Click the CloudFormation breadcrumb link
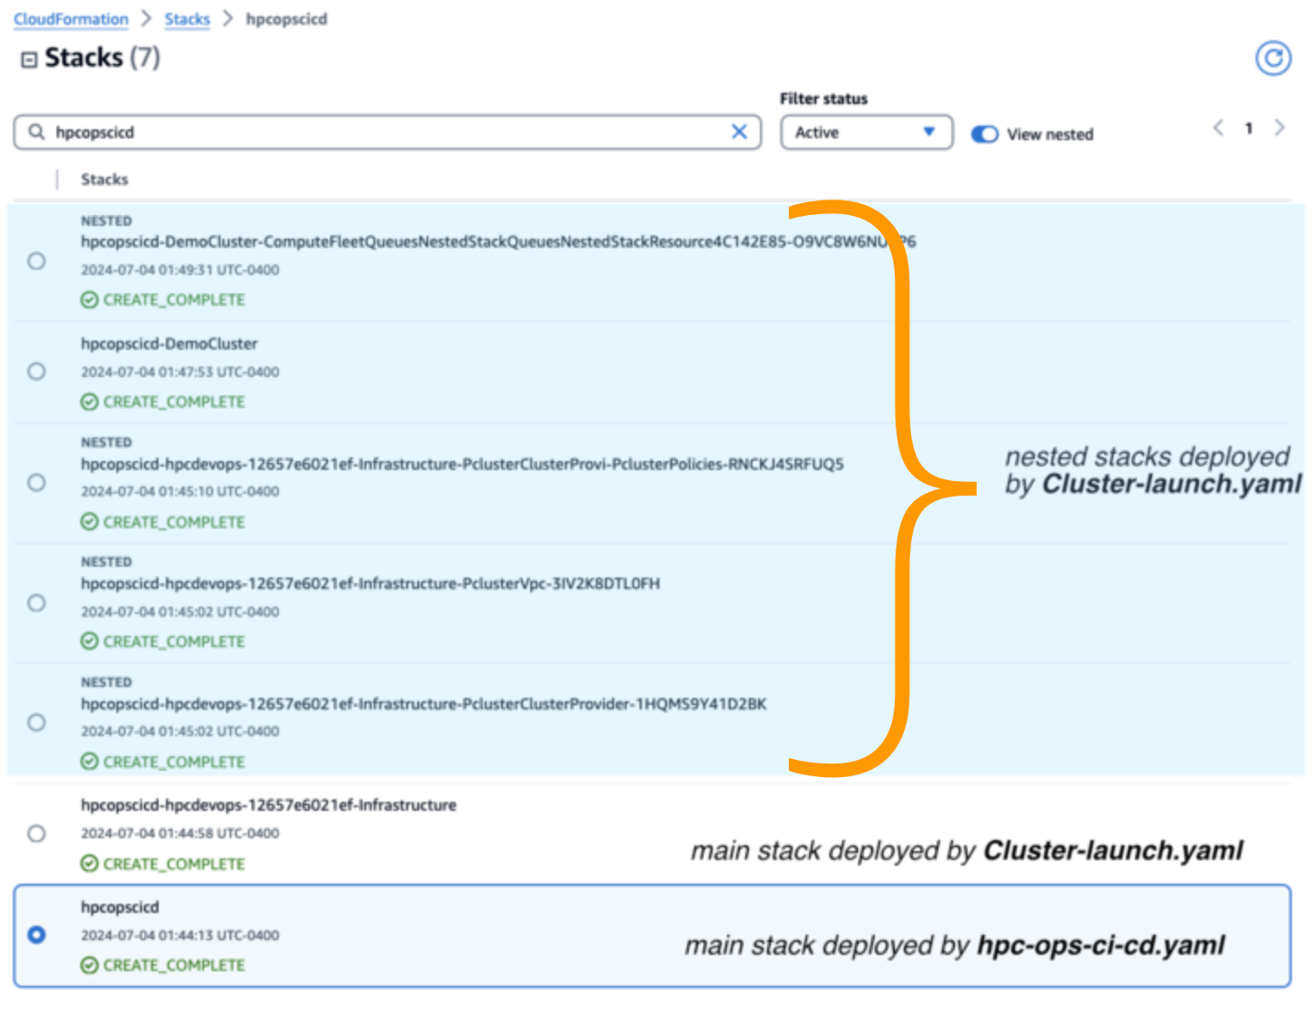coord(71,19)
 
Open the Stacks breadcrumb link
coord(187,19)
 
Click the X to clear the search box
coord(739,132)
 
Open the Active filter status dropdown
coord(866,133)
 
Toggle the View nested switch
coord(985,134)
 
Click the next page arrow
coord(1279,128)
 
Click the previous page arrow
coord(1218,128)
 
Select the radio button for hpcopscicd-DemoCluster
coord(36,372)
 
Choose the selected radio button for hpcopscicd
coord(36,935)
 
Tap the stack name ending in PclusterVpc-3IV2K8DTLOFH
coord(370,584)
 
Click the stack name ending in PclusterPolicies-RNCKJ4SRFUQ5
coord(462,465)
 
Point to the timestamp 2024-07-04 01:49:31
coord(179,270)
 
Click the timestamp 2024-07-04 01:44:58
coord(179,833)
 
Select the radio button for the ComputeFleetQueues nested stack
coord(36,261)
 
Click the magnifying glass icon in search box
coord(36,132)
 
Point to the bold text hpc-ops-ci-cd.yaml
coord(1100,945)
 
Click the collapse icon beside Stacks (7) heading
coord(29,59)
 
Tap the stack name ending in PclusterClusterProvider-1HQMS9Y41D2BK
coord(423,704)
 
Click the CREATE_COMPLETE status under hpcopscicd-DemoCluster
coord(173,402)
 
